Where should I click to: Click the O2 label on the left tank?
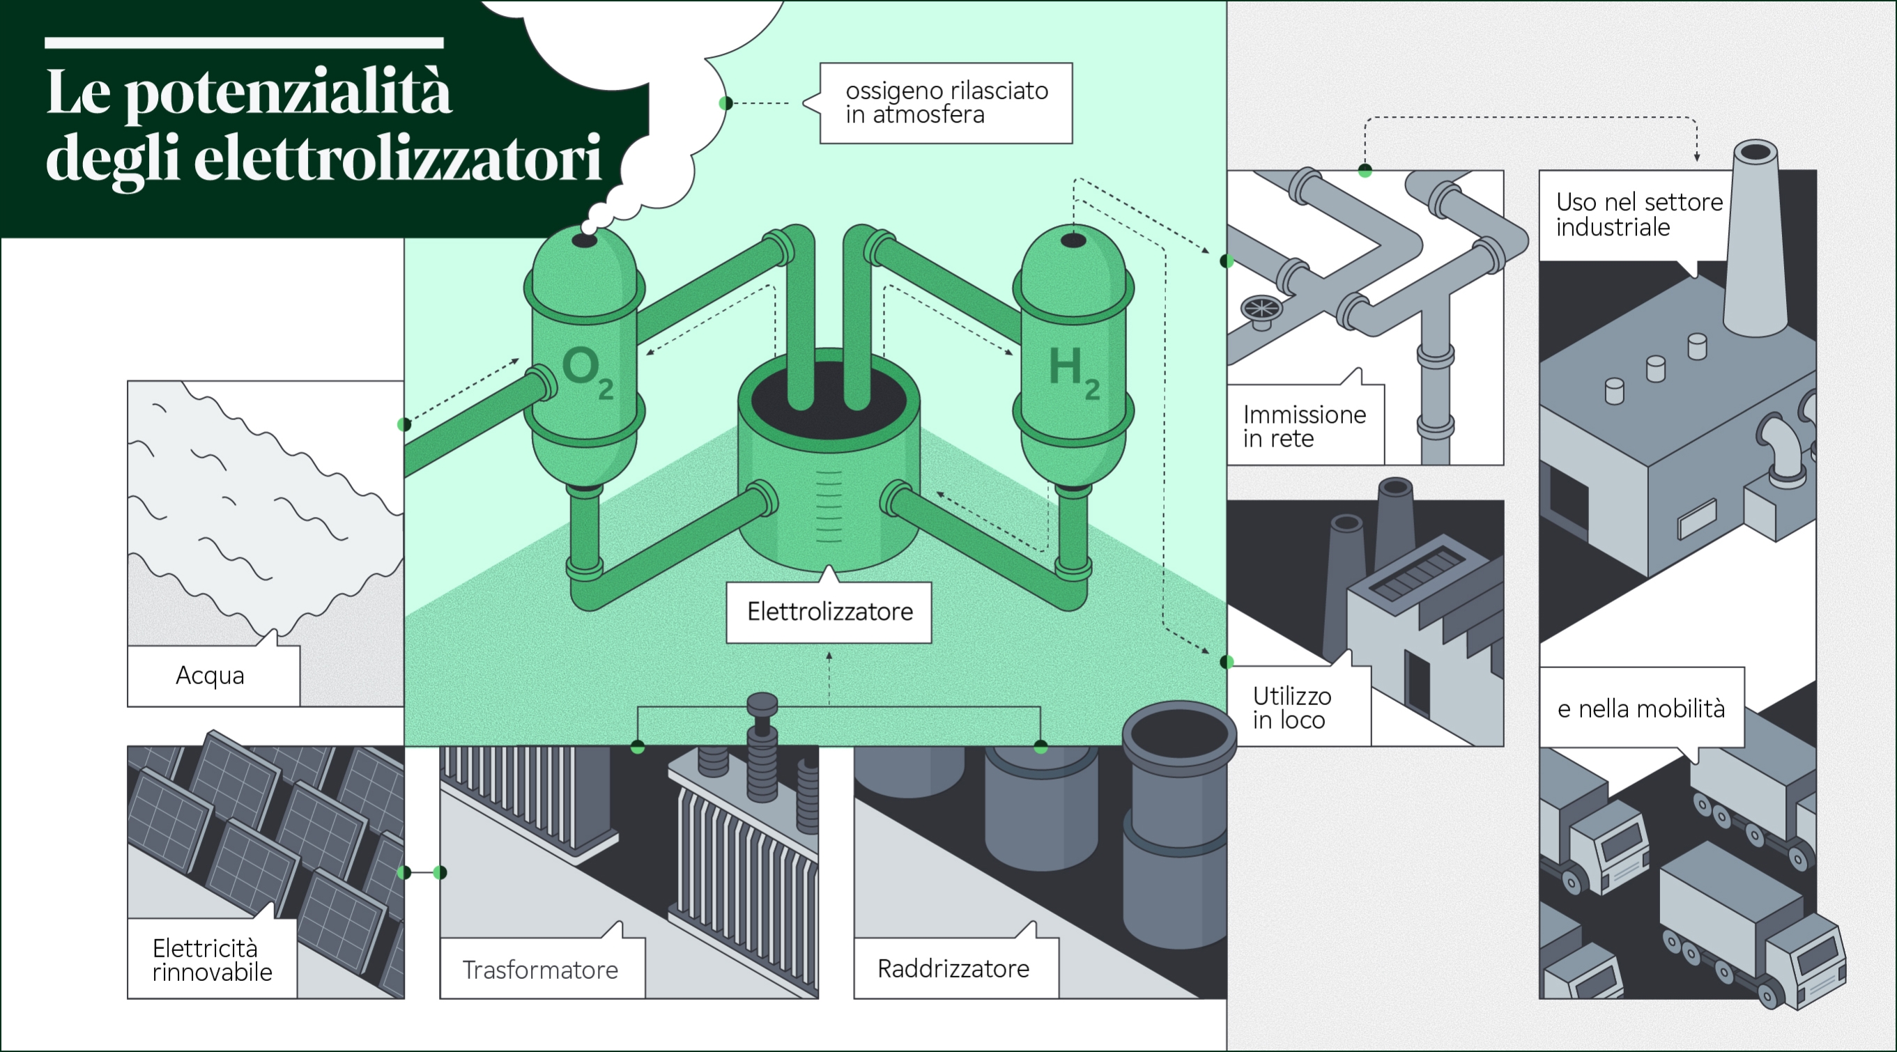[x=586, y=372]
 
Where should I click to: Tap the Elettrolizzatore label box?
[x=829, y=612]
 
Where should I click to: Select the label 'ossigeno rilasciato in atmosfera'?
[x=946, y=102]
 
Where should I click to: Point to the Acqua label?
[x=210, y=676]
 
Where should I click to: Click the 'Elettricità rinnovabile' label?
[x=212, y=959]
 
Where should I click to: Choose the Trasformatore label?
[x=541, y=970]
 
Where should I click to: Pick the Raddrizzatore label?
[x=953, y=969]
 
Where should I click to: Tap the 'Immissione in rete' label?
[x=1304, y=426]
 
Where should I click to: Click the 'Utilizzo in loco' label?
[x=1292, y=707]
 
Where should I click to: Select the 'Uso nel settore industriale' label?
[x=1638, y=214]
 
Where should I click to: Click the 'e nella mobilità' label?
[x=1641, y=709]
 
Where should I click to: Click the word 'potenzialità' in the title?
[x=287, y=94]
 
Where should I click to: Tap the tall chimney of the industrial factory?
[x=1756, y=235]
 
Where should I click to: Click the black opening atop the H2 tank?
[x=1073, y=240]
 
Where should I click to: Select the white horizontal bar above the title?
[x=244, y=43]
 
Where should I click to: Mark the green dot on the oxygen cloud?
[x=725, y=103]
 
